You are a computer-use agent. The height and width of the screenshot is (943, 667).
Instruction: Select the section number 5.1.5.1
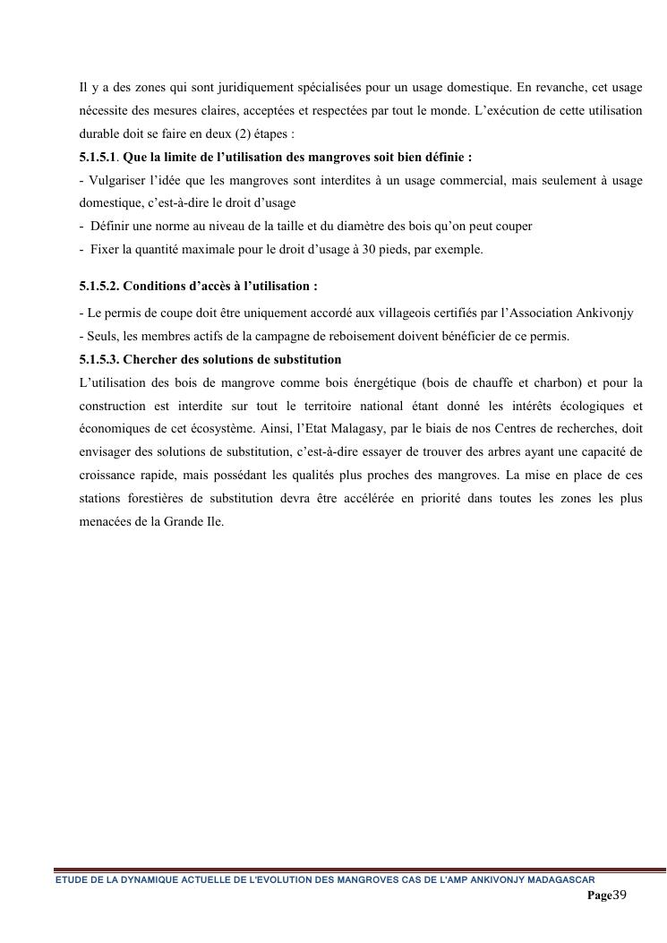coord(98,157)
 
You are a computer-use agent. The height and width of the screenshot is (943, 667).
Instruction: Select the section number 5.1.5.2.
coord(98,287)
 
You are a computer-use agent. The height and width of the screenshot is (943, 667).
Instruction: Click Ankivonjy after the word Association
coord(606,313)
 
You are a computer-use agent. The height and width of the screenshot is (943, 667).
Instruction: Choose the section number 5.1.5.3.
coord(98,359)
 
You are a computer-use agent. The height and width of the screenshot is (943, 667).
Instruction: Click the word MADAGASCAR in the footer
coord(561,879)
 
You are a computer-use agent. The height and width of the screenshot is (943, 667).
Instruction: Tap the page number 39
coord(620,895)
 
